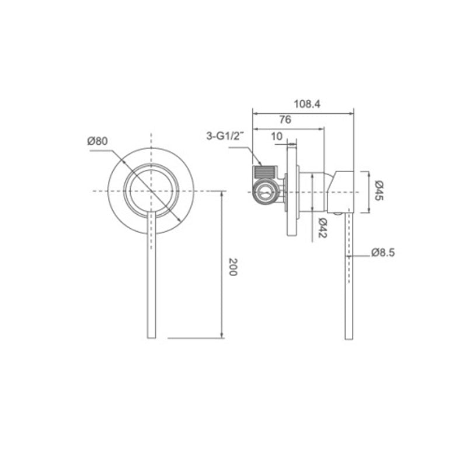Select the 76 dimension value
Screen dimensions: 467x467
pyautogui.click(x=285, y=120)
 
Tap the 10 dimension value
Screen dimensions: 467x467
pyautogui.click(x=277, y=136)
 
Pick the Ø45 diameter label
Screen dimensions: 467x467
pyautogui.click(x=378, y=191)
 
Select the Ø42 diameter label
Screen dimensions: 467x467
pyautogui.click(x=322, y=227)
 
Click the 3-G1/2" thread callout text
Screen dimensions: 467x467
pyautogui.click(x=224, y=137)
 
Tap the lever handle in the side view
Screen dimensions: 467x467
pyautogui.click(x=348, y=274)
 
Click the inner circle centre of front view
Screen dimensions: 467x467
pyautogui.click(x=152, y=191)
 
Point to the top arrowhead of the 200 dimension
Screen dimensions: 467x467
pyautogui.click(x=222, y=194)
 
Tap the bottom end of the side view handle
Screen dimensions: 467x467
pyautogui.click(x=348, y=337)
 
